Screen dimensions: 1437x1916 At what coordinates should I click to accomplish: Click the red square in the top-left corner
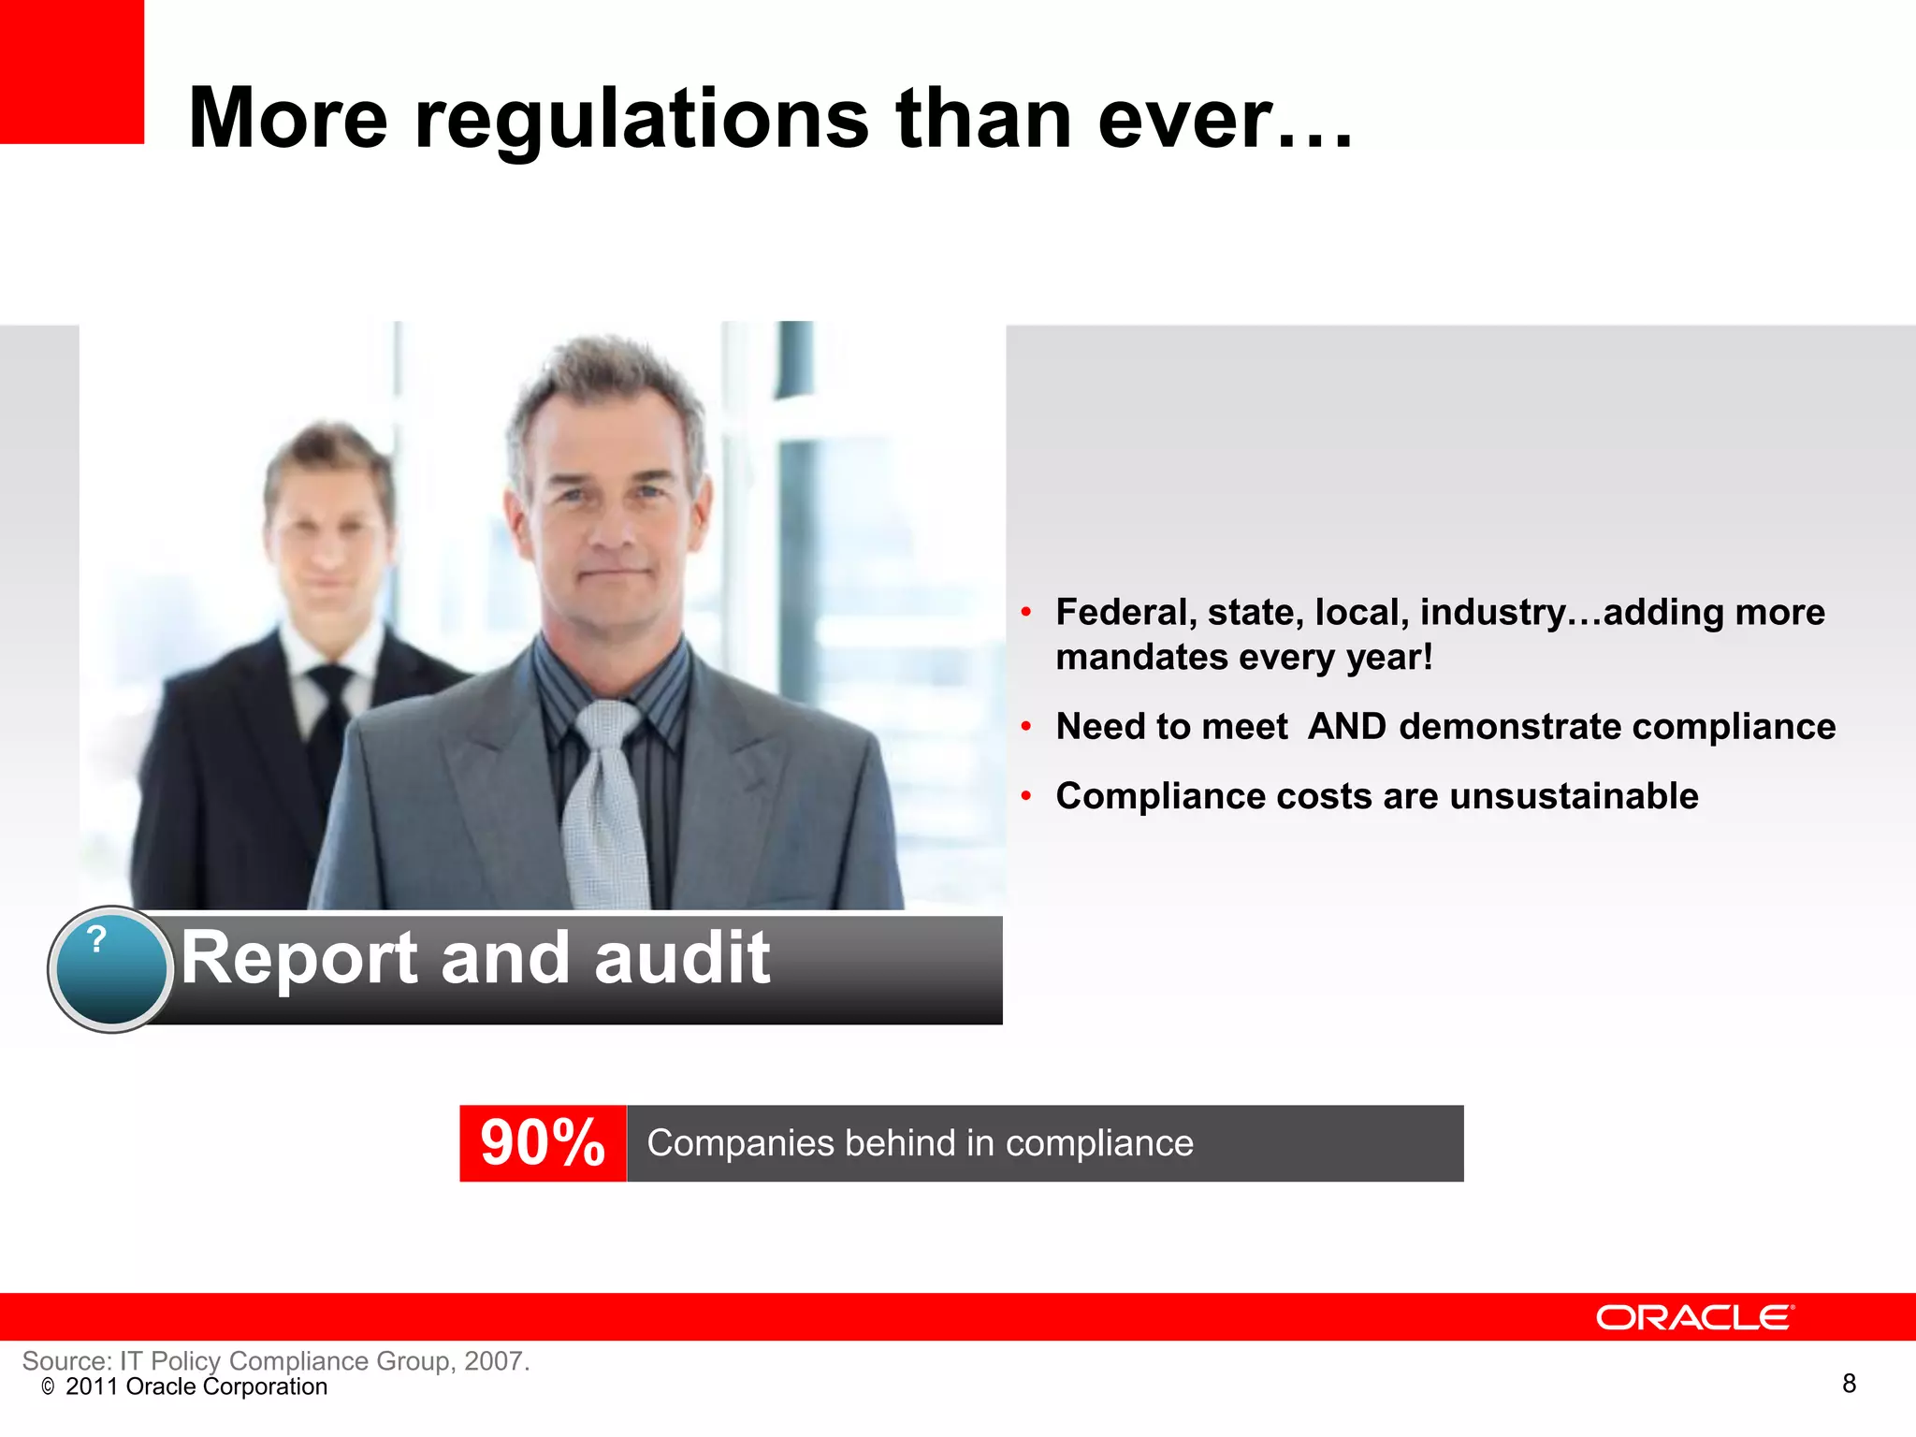point(71,71)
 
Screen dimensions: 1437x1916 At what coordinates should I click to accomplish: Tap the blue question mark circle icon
point(110,968)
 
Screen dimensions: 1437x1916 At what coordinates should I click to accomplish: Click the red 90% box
point(543,1143)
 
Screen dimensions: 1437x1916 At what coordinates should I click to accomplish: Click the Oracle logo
point(1694,1317)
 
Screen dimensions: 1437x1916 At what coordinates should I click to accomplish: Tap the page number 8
point(1849,1383)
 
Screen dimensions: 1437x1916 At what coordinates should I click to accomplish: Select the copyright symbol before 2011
point(48,1387)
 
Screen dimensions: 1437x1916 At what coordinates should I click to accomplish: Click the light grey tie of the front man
point(606,805)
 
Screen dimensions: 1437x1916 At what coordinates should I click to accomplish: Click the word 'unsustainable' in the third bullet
point(1574,796)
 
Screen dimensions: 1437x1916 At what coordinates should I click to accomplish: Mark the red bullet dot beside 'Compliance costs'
point(1026,796)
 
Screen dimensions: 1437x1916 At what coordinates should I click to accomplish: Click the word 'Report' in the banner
point(299,958)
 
